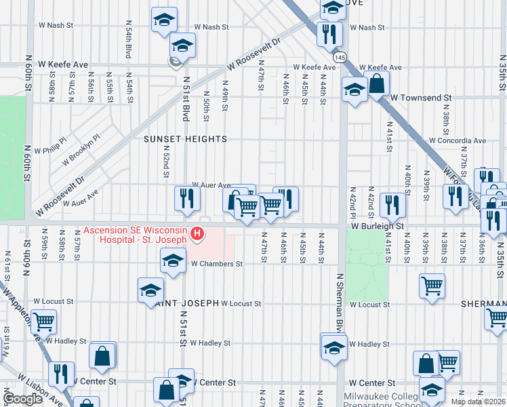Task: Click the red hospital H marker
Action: [x=197, y=235]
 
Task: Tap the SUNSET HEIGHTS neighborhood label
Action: [x=185, y=139]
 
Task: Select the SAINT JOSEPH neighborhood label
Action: [x=184, y=303]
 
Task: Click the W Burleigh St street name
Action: [x=377, y=225]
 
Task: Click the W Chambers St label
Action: [x=216, y=263]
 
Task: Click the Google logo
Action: [x=22, y=399]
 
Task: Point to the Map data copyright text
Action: [x=479, y=402]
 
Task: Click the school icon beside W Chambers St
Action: [x=173, y=260]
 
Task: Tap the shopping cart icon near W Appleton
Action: [x=43, y=321]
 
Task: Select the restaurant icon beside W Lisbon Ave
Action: [x=61, y=372]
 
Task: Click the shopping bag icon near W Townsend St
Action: [x=377, y=83]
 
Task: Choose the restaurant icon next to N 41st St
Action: [x=392, y=204]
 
